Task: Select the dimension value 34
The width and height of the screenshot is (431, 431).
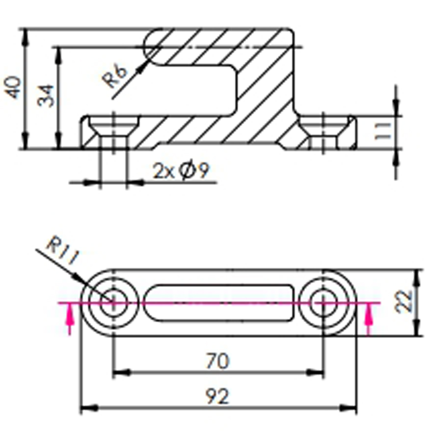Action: point(46,96)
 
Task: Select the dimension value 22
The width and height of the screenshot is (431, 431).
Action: point(403,301)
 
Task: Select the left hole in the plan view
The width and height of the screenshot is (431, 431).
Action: point(113,302)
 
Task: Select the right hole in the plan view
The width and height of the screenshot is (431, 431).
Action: point(323,302)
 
